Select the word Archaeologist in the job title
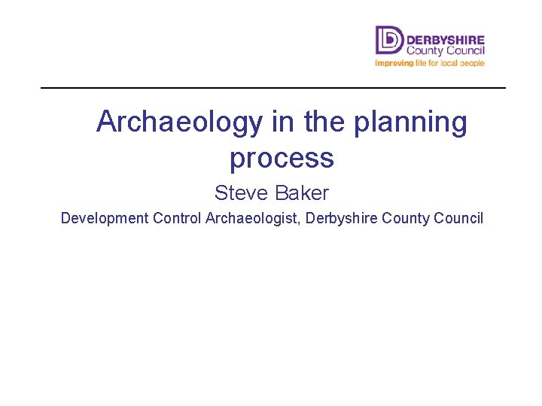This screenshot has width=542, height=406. (x=252, y=219)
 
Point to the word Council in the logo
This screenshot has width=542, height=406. (x=464, y=50)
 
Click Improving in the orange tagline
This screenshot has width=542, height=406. (x=394, y=63)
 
